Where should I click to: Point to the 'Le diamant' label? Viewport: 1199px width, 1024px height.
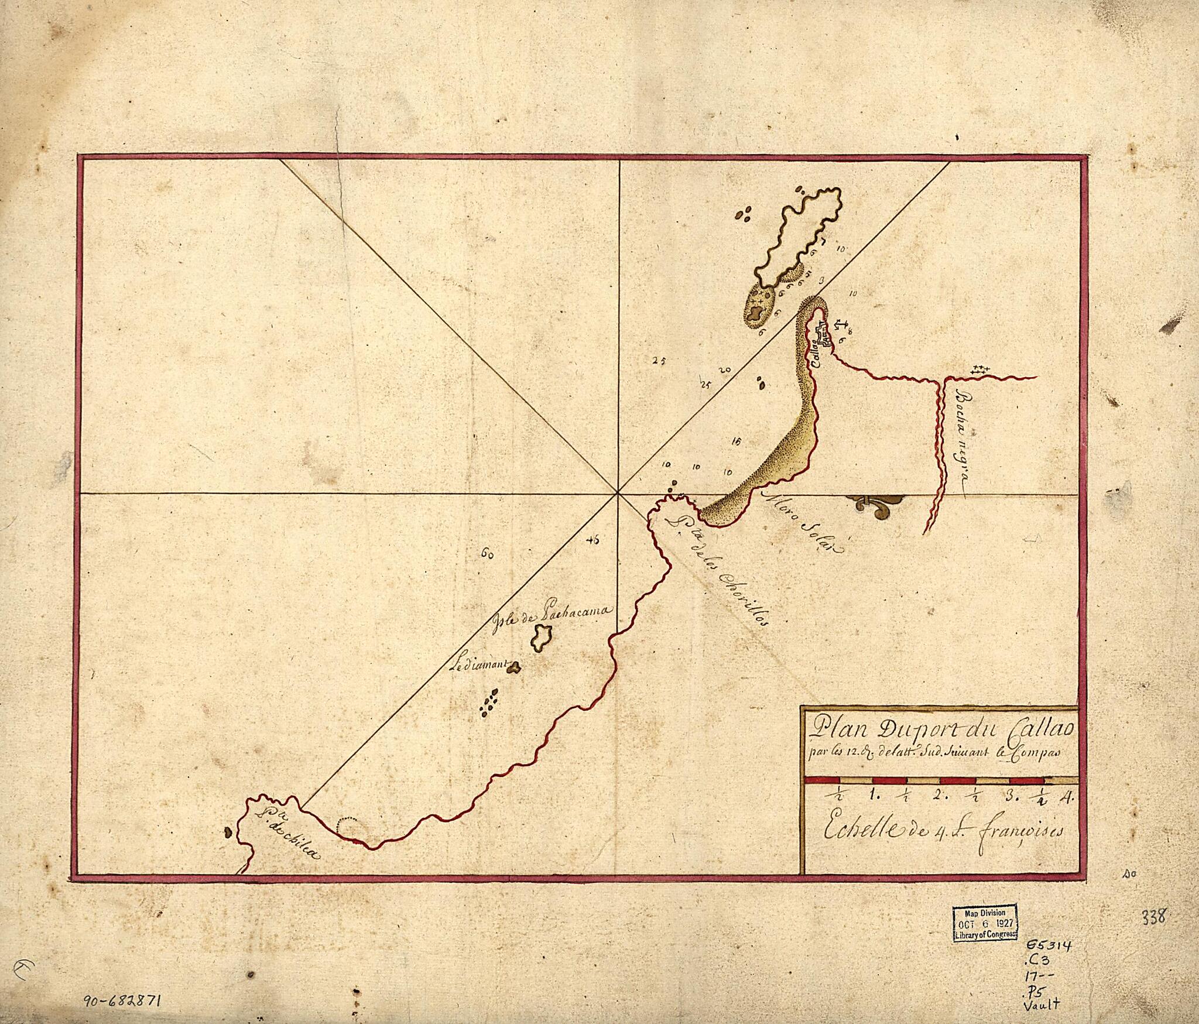tap(479, 665)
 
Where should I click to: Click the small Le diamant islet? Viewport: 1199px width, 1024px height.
tap(515, 666)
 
